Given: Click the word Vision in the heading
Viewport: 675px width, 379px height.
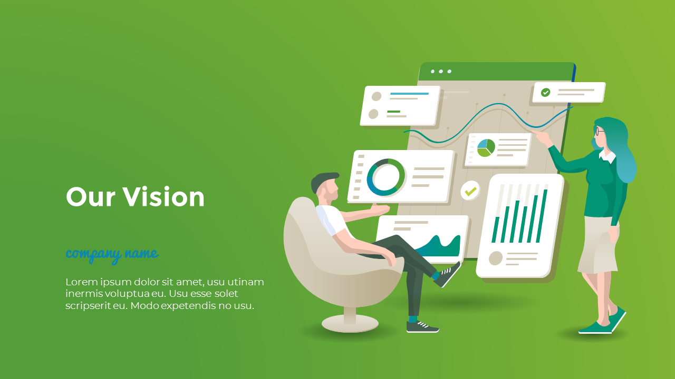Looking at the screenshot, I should (x=163, y=197).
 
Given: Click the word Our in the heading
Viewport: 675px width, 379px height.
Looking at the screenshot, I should (x=90, y=197).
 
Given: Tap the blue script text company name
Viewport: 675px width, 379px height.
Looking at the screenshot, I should (x=112, y=254).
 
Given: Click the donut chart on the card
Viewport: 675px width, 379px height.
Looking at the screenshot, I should (x=386, y=177).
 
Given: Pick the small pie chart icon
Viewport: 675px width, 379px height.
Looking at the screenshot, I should (x=486, y=148).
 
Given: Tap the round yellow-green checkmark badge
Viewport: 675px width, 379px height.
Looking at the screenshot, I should (x=470, y=191).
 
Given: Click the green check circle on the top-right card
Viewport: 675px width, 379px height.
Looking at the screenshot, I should (x=546, y=93).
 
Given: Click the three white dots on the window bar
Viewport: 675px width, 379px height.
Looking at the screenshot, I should (x=441, y=71).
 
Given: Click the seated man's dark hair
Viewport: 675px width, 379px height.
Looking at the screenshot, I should (x=323, y=180).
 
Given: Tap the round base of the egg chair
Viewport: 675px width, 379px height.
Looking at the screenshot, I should (x=350, y=324).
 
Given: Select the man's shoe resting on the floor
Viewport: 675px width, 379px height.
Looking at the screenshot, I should (x=422, y=327).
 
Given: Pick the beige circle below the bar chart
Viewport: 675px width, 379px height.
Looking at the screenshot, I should (x=496, y=258).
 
